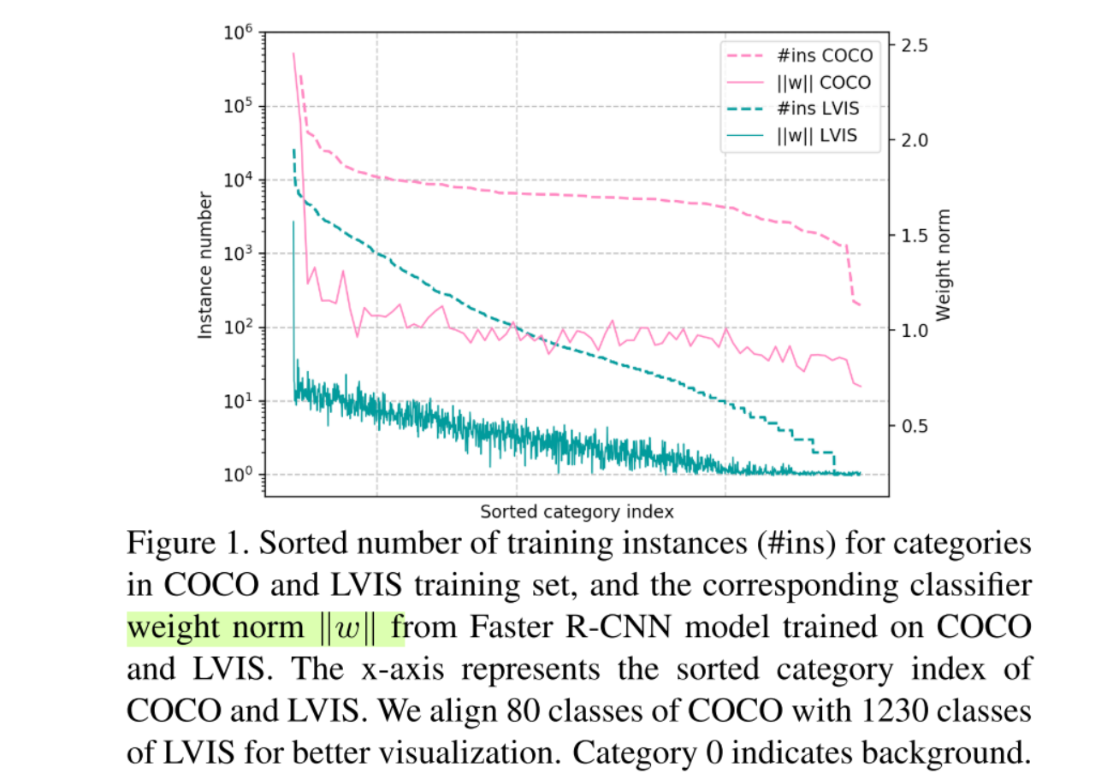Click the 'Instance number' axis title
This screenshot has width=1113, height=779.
[206, 265]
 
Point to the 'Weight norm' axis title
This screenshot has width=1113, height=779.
[944, 265]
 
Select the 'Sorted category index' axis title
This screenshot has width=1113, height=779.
[577, 512]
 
